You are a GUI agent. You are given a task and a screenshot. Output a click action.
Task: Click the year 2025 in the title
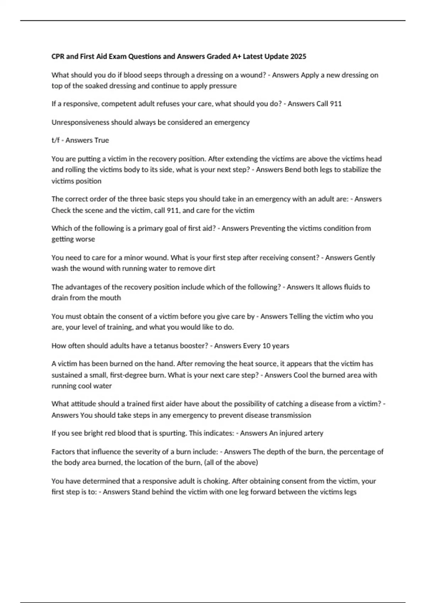298,56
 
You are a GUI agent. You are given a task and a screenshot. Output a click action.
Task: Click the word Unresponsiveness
80,122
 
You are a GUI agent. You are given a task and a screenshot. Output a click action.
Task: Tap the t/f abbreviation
55,140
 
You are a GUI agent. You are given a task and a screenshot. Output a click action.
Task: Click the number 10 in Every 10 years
266,346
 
